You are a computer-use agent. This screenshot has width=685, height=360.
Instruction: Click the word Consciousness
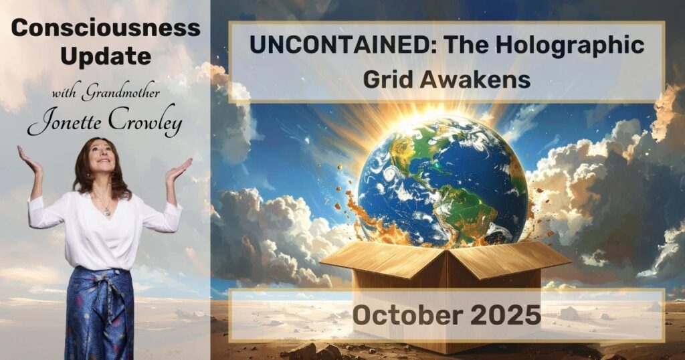[x=105, y=28]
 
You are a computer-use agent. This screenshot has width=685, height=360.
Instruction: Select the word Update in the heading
[x=105, y=56]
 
